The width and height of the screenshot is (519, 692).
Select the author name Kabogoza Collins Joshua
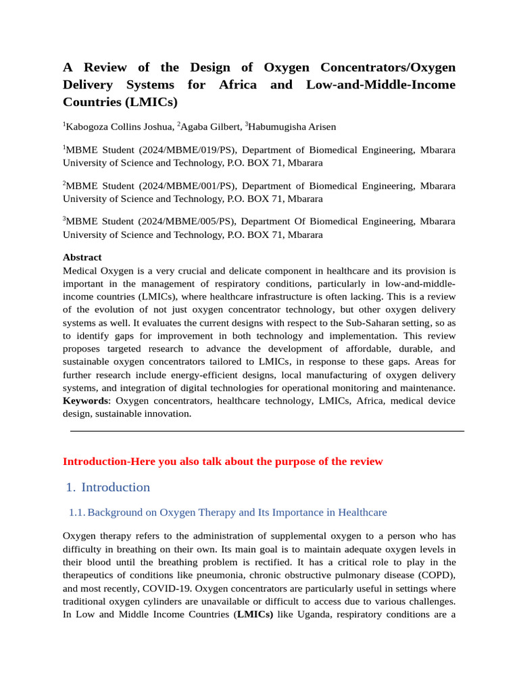point(118,126)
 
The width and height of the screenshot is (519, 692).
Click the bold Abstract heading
point(82,257)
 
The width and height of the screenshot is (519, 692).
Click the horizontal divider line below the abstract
point(267,430)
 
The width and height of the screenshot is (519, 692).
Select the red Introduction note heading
point(222,462)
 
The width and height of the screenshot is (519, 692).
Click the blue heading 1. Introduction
point(109,487)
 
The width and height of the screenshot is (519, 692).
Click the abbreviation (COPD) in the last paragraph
point(434,575)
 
